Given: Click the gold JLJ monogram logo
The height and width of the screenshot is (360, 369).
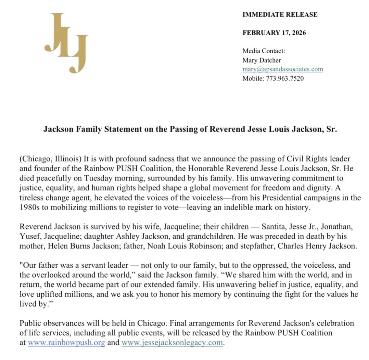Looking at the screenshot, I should (x=66, y=43).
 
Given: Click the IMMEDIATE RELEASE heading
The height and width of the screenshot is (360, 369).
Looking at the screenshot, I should (x=280, y=14).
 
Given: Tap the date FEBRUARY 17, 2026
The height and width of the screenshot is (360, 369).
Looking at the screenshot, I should (x=274, y=33).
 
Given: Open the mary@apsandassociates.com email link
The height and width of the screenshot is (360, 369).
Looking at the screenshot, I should (x=283, y=69).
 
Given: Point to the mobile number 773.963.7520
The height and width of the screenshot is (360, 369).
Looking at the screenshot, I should (x=281, y=78).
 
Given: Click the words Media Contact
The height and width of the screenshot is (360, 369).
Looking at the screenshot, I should (x=264, y=51).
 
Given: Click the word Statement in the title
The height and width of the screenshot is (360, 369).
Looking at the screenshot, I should (x=115, y=129).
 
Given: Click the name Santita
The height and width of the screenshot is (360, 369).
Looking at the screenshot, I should (x=274, y=227).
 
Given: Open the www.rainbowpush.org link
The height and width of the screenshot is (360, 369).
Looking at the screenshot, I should (x=66, y=343).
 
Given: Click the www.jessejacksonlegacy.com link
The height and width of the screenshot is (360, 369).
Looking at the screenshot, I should (x=172, y=343).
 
